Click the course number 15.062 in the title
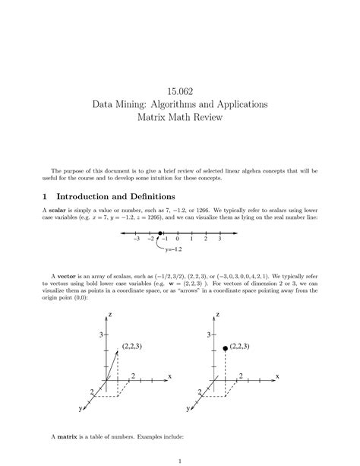[x=179, y=85]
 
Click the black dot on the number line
[x=161, y=236]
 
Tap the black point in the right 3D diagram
[x=225, y=347]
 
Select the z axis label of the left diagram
[x=110, y=314]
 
